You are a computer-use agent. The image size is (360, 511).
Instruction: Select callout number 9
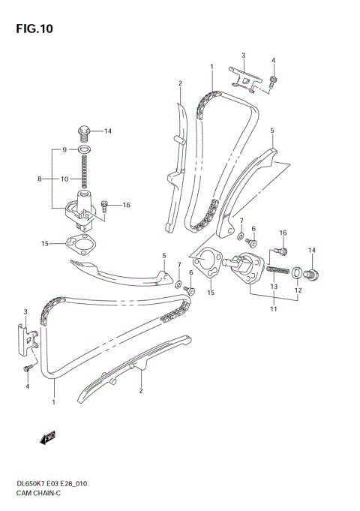[64, 150]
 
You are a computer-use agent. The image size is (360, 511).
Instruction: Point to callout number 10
[65, 179]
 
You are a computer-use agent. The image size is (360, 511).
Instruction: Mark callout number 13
[274, 287]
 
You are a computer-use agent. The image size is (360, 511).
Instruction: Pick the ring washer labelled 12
[296, 271]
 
